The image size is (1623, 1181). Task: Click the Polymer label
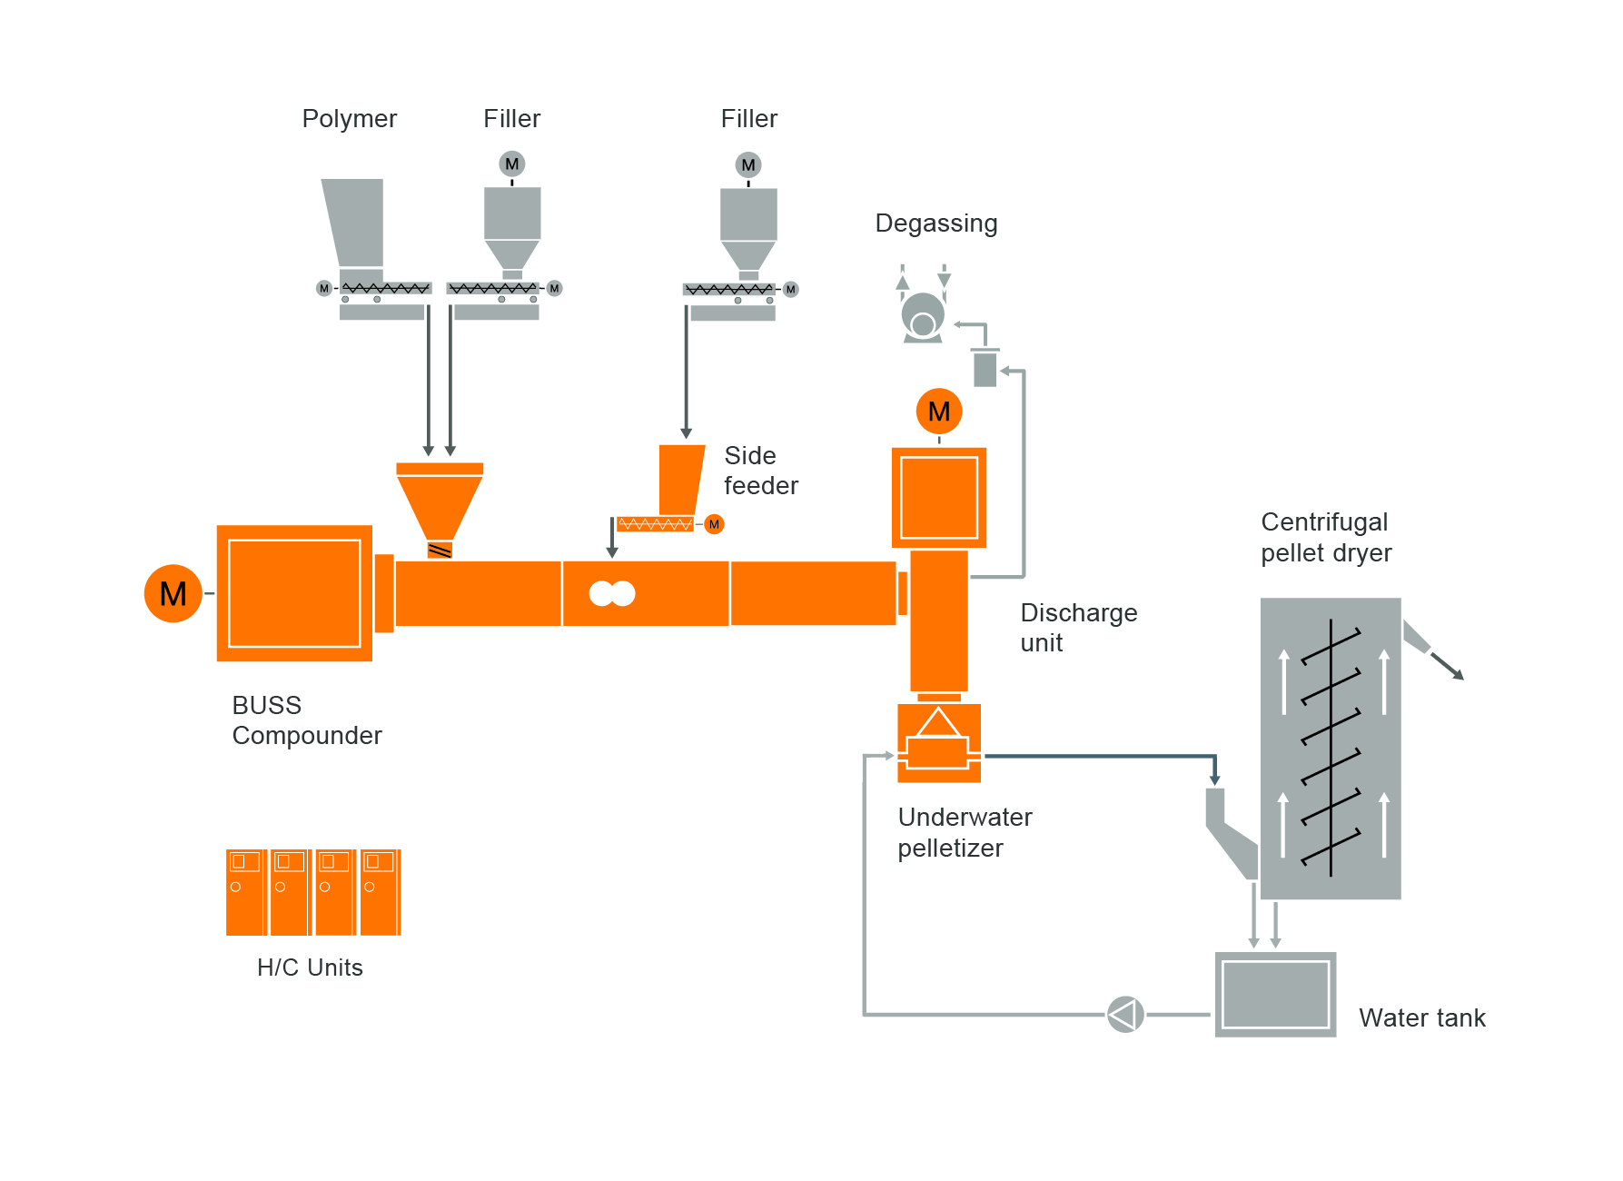(349, 119)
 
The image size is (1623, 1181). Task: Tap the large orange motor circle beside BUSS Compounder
(173, 593)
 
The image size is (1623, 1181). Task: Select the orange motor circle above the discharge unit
(938, 412)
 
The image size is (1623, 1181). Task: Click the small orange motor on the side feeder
(714, 524)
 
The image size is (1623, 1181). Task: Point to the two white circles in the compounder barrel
(611, 593)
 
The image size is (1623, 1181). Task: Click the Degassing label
(935, 223)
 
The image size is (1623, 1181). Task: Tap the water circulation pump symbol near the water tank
(1125, 1014)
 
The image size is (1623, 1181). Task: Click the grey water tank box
(1275, 994)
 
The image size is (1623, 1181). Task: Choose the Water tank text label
(1421, 1017)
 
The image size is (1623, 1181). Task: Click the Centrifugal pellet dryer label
(1325, 537)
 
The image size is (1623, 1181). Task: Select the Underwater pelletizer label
(964, 832)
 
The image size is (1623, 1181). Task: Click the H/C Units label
(310, 968)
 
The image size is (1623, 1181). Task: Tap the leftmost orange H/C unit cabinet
(245, 892)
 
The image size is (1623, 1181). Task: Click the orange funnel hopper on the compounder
(440, 504)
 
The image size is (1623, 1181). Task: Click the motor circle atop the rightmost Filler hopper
(748, 165)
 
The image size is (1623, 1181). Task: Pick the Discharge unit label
(1078, 628)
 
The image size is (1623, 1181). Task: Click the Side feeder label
(760, 471)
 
